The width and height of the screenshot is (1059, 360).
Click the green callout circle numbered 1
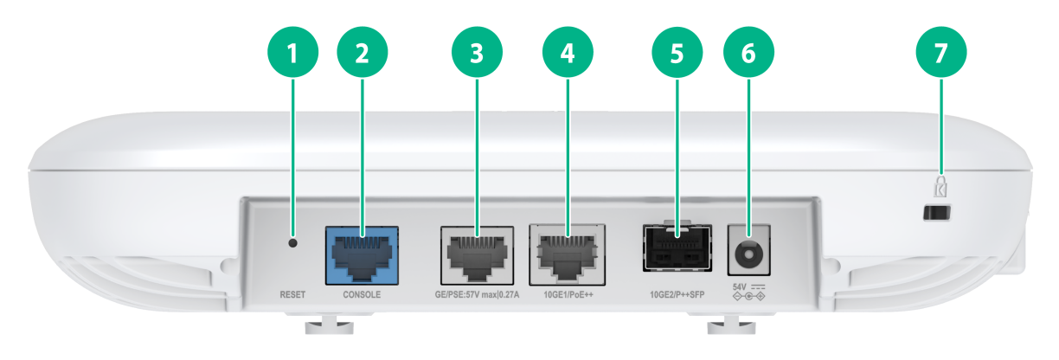click(292, 52)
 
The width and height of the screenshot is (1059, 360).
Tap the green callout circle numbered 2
click(363, 52)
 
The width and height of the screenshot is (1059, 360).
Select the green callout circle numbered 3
click(477, 52)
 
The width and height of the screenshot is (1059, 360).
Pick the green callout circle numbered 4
click(568, 52)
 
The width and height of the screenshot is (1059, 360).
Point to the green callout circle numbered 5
click(677, 52)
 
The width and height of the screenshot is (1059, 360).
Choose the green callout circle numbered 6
click(749, 52)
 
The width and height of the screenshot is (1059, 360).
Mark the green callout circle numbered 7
click(941, 52)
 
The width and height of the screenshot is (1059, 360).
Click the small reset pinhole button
click(293, 243)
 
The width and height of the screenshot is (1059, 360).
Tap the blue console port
click(362, 255)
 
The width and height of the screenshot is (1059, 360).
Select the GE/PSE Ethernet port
click(477, 255)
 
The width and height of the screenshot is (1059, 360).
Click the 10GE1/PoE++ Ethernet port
click(568, 255)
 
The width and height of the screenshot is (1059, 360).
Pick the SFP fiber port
click(677, 247)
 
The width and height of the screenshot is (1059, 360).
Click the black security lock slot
click(937, 213)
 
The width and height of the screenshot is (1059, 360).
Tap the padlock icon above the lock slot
click(940, 186)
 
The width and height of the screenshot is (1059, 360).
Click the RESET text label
click(292, 295)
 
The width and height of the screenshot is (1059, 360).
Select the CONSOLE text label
click(362, 295)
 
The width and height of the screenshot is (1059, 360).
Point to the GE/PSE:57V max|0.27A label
click(477, 295)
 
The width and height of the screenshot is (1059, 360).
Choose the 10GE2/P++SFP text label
click(677, 295)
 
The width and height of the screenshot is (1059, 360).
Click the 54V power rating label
click(740, 287)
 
